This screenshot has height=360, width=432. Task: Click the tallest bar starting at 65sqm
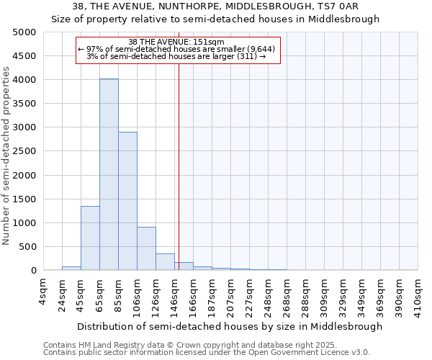tap(109, 174)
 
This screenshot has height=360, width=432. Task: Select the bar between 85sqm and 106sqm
tap(127, 201)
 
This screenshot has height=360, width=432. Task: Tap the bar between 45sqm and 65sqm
tap(90, 238)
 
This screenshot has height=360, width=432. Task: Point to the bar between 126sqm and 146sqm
tap(165, 262)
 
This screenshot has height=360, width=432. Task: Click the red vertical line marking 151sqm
tap(179, 166)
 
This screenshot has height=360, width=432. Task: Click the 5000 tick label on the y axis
tap(24, 32)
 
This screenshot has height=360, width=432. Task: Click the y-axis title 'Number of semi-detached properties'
tap(7, 156)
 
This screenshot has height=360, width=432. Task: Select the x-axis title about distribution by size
tap(230, 326)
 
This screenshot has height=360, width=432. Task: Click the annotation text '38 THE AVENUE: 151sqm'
tap(176, 42)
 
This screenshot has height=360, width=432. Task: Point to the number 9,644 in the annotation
tap(258, 48)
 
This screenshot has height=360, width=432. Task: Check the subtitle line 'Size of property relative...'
tap(215, 19)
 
